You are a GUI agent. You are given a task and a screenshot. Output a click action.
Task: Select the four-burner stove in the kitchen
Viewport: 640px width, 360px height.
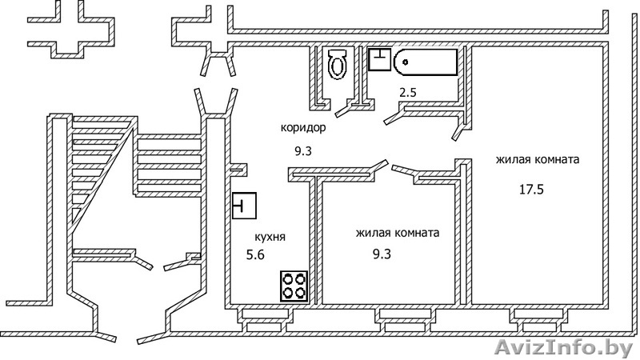(294, 286)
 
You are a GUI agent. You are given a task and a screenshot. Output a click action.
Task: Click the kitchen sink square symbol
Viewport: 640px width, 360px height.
(244, 206)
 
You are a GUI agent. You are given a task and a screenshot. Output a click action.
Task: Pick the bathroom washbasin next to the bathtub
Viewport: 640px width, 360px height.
(379, 59)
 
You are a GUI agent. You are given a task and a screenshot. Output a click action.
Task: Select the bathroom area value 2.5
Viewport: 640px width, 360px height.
(408, 93)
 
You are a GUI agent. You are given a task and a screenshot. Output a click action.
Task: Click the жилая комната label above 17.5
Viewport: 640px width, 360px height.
(538, 160)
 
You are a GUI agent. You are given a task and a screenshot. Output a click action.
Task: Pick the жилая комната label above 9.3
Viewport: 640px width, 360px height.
(398, 234)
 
